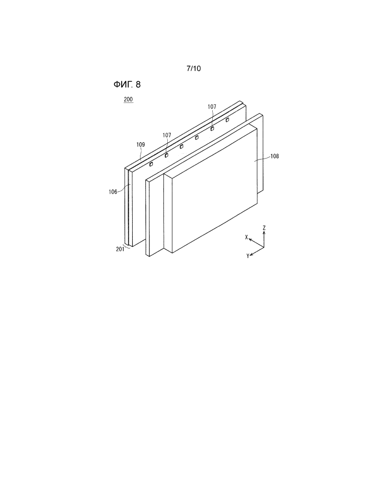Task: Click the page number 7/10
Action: [193, 68]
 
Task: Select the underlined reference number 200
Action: [128, 99]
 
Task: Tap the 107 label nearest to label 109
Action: [167, 135]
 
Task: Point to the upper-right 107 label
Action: [212, 107]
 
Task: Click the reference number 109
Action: [141, 145]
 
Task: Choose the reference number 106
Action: [113, 192]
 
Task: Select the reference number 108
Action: [275, 156]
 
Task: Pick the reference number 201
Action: [120, 249]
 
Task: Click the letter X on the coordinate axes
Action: [246, 237]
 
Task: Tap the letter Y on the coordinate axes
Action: [248, 256]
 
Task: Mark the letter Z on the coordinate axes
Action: [264, 227]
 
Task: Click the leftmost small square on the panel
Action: [151, 164]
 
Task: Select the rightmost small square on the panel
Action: [227, 119]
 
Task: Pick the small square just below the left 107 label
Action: [166, 155]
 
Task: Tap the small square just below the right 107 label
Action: [212, 128]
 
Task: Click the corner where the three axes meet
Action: [264, 247]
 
